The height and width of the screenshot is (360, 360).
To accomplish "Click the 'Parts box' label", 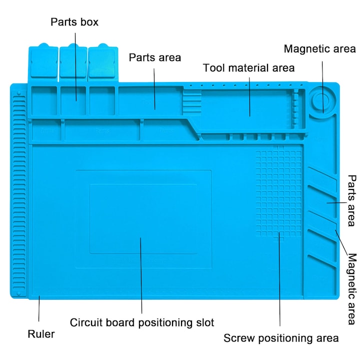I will (74, 22).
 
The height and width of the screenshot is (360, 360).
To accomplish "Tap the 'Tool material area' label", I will (248, 67).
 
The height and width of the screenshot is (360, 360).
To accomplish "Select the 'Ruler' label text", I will (41, 334).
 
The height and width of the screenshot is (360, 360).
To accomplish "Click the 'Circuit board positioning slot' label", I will (142, 322).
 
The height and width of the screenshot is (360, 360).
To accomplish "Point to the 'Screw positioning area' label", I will (281, 338).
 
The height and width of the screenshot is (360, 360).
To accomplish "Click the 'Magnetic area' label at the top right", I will (320, 49).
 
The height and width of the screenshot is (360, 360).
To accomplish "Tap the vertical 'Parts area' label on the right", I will (352, 200).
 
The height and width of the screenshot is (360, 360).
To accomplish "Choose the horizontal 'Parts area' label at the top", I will (155, 57).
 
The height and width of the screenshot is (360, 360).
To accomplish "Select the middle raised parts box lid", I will (73, 62).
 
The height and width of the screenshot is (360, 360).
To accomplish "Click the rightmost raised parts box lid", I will (102, 62).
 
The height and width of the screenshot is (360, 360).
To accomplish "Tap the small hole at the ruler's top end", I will (19, 93).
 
